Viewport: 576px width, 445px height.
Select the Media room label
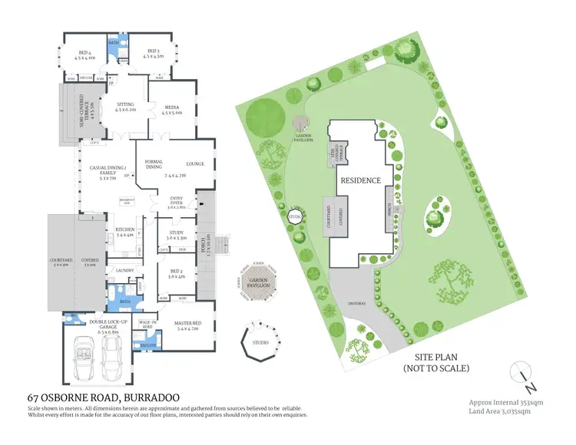(171, 110)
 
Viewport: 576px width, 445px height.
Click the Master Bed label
(188, 328)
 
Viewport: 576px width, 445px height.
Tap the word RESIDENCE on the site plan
(360, 180)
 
